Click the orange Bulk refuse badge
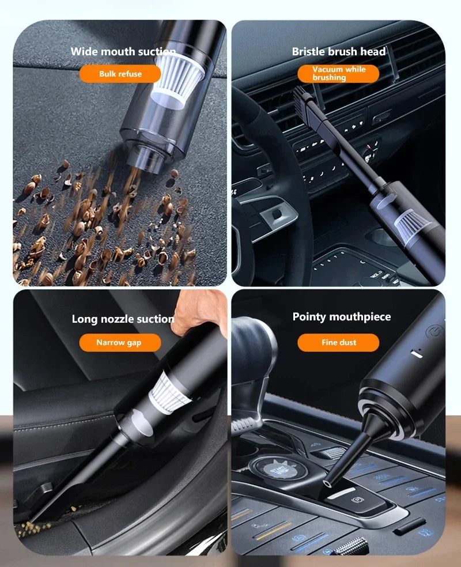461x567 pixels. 120,74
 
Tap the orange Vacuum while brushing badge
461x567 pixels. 338,73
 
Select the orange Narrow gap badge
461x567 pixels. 119,342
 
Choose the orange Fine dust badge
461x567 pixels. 338,342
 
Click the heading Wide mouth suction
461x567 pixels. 123,51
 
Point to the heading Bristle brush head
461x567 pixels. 338,51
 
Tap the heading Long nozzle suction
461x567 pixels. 123,319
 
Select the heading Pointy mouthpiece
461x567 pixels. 341,316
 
